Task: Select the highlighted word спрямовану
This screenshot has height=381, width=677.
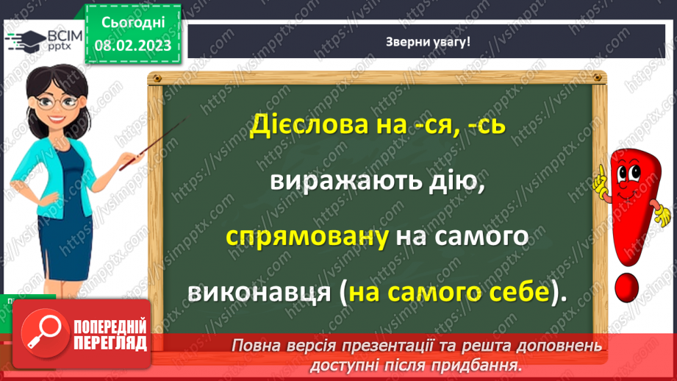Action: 308,238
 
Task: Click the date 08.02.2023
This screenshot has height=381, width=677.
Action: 132,44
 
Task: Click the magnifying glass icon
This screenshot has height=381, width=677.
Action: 41,332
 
